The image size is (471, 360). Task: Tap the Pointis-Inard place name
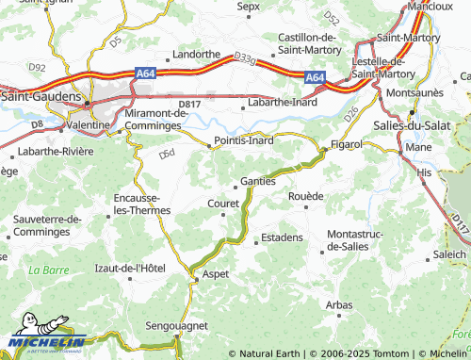tap(244, 141)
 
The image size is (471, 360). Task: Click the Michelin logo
tap(46, 340)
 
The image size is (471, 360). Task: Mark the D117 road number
tap(459, 224)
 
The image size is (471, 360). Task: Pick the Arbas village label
tap(338, 304)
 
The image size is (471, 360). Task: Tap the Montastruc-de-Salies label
tap(355, 239)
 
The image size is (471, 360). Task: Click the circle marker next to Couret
tap(223, 213)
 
